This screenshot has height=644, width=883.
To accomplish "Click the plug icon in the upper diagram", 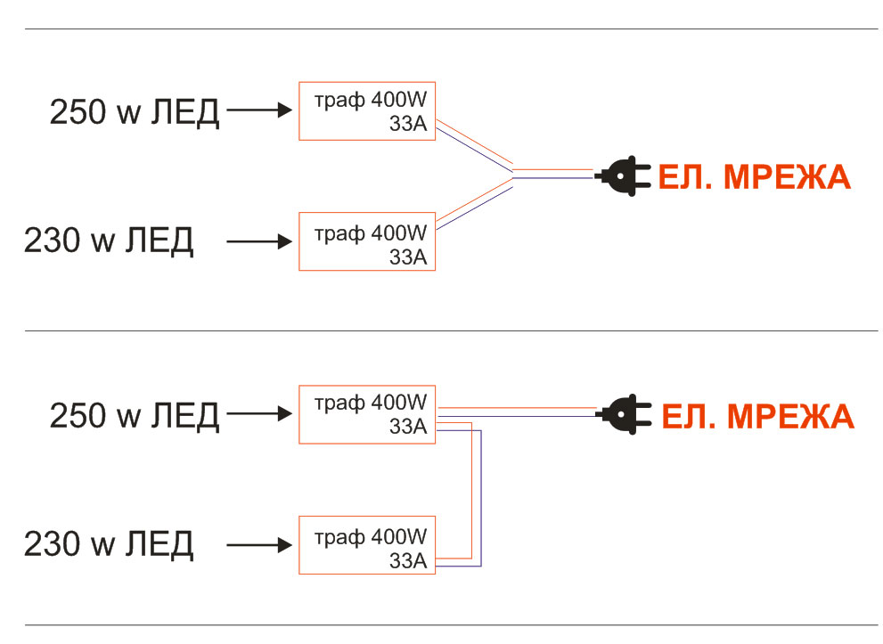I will (623, 176).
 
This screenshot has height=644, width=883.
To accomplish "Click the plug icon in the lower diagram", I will (626, 413).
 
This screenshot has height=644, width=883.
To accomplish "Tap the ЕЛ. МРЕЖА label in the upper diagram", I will (754, 178).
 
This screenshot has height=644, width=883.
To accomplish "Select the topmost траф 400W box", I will (367, 111).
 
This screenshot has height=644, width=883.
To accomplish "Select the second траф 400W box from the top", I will (367, 241).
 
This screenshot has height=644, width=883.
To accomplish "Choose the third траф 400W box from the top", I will (367, 414).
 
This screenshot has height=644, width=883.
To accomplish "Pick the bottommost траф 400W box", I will (367, 544).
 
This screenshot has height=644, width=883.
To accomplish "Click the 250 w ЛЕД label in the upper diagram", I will (135, 113).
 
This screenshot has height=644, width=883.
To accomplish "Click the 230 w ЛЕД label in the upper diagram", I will (109, 240).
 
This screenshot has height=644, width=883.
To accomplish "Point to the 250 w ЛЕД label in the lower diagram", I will (135, 415).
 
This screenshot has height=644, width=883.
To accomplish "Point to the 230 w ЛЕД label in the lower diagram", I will (109, 543).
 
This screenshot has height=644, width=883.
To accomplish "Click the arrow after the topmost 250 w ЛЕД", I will (260, 110).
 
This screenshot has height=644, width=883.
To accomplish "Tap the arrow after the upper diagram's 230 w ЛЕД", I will (260, 240).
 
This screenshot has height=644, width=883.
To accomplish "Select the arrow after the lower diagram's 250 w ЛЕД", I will (260, 413).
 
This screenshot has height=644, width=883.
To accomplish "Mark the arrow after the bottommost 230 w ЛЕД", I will (260, 543).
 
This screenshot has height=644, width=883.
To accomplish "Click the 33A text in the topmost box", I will (408, 126).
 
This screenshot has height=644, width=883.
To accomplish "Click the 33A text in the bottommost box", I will (408, 560).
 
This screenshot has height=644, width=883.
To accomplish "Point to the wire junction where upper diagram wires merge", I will (513, 174).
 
